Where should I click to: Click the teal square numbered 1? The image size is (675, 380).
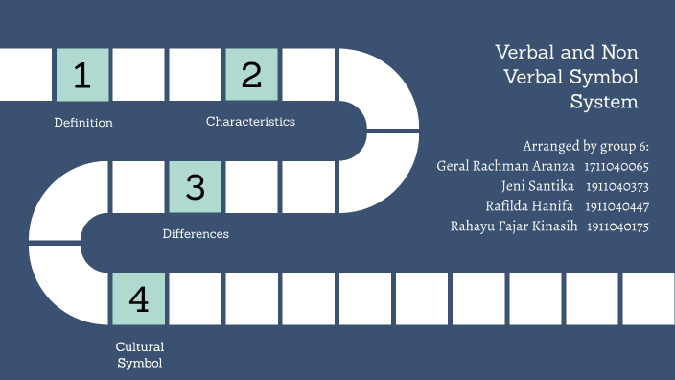click(82, 75)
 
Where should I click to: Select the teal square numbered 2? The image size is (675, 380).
click(252, 75)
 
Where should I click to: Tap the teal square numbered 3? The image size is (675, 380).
click(196, 186)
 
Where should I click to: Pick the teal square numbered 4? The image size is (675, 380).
click(139, 299)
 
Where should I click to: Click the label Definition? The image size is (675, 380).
click(83, 123)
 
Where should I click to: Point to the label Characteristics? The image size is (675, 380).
click(250, 122)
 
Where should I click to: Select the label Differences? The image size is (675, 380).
click(196, 234)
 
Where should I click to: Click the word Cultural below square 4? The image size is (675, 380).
click(140, 346)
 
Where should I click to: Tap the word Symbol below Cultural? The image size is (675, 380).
click(140, 363)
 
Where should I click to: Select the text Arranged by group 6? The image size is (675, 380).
click(586, 146)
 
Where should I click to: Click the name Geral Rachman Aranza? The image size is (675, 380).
click(505, 166)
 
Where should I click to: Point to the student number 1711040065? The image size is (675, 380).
click(617, 166)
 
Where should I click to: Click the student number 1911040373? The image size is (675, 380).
click(617, 186)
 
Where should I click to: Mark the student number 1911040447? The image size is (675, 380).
click(617, 206)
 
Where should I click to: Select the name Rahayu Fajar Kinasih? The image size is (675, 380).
click(513, 226)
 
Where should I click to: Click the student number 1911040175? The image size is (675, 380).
click(618, 226)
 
